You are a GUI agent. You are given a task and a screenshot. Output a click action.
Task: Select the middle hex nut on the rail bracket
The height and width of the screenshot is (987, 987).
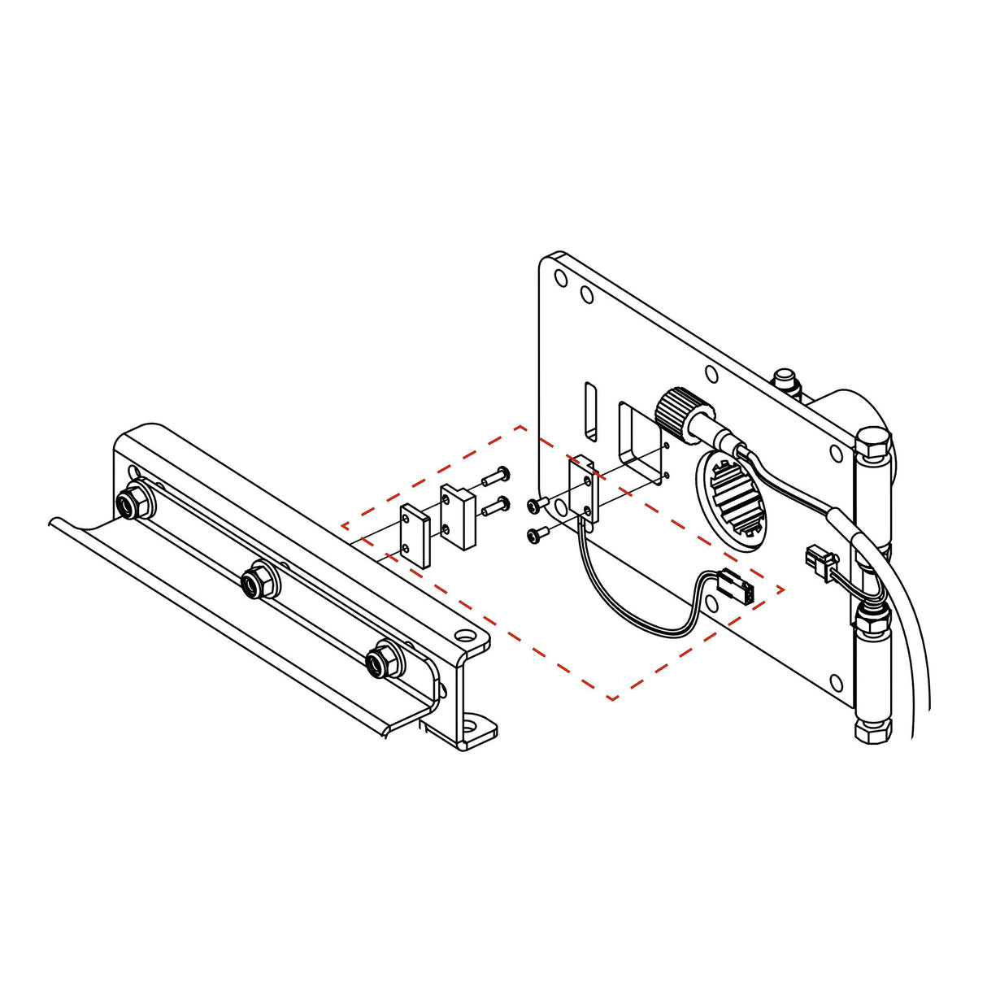pyautogui.click(x=260, y=580)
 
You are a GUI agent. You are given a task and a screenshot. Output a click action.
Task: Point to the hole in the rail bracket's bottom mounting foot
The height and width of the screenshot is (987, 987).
pyautogui.click(x=472, y=723)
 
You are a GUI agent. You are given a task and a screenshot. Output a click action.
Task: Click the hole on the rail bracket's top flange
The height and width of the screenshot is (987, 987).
pyautogui.click(x=463, y=634)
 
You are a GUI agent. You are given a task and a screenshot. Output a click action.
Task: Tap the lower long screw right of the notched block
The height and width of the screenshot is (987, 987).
pyautogui.click(x=494, y=507)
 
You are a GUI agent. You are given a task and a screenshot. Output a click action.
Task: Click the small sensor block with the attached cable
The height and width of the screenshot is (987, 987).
pyautogui.click(x=583, y=488)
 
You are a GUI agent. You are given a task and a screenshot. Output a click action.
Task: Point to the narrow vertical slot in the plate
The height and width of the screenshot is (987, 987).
pyautogui.click(x=589, y=412)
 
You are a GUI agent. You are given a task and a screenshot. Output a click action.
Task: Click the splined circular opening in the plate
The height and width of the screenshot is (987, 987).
pyautogui.click(x=735, y=498)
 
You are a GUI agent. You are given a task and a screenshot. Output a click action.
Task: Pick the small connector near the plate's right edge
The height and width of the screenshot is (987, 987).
pyautogui.click(x=816, y=559)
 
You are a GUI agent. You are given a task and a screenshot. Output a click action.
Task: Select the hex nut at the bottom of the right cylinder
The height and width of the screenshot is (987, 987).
pyautogui.click(x=872, y=729)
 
